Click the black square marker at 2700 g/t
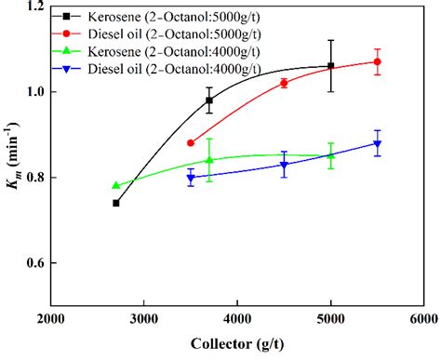(x=115, y=203)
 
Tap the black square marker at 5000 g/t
(x=331, y=66)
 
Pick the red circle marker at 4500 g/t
(x=284, y=83)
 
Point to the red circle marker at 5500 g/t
(x=377, y=61)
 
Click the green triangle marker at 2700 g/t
(x=115, y=185)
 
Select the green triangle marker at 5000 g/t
(x=331, y=155)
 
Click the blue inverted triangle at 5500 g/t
(x=377, y=143)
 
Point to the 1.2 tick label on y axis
(x=34, y=7)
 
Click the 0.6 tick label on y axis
(x=34, y=262)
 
